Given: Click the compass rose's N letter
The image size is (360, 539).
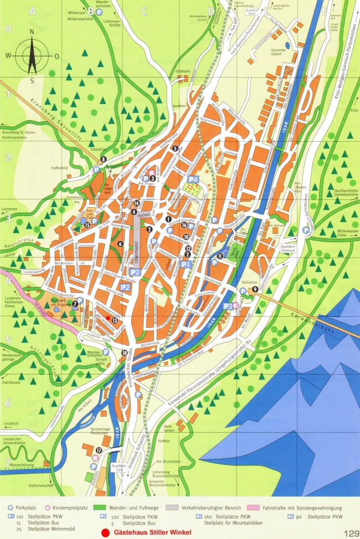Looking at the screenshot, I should click(x=32, y=32).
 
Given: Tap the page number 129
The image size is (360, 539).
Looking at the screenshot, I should click(x=351, y=533).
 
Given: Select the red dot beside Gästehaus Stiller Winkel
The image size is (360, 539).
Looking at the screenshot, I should click(x=105, y=533).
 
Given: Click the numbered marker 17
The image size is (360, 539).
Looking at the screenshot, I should click(x=99, y=450).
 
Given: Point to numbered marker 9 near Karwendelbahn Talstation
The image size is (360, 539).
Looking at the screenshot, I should click(x=255, y=289).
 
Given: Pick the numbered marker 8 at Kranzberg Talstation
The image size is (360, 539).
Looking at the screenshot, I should click(x=104, y=160).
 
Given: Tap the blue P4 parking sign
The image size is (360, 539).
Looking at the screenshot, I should click(x=193, y=179).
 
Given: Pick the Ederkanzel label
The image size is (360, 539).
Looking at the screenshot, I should click(x=12, y=382).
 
